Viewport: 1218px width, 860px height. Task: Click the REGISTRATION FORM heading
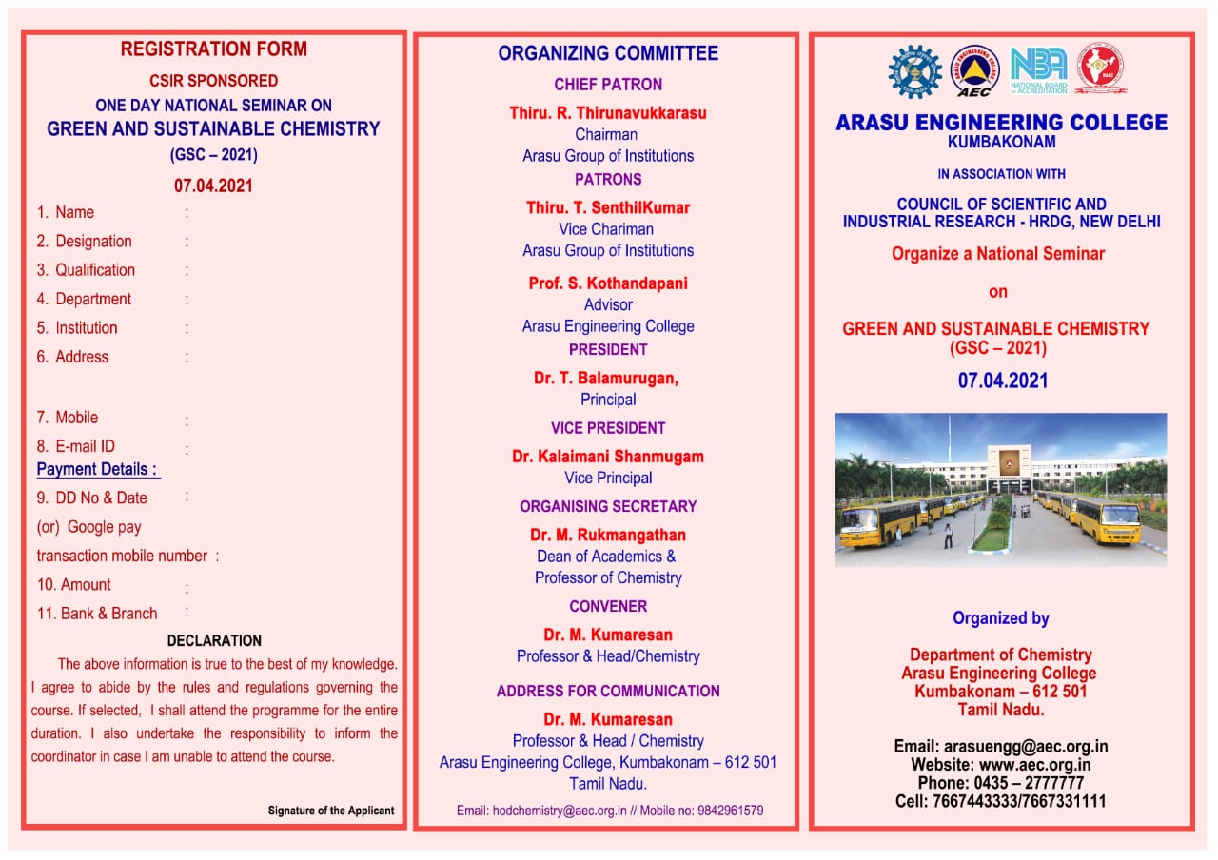tap(213, 49)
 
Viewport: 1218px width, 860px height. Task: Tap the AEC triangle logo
tap(974, 70)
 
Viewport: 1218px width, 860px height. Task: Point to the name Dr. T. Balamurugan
tap(606, 379)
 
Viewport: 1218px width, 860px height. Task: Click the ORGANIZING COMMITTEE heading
tap(608, 53)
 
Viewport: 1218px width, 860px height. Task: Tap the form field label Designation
tap(93, 242)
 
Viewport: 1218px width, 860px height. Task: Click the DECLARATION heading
tap(214, 641)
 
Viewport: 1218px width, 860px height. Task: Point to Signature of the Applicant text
tap(330, 811)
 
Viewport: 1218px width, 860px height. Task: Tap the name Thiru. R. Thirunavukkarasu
tap(608, 113)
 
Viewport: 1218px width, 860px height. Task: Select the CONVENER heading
tap(608, 606)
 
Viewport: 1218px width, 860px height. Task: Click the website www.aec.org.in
tap(1034, 765)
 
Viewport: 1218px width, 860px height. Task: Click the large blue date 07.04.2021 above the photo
tap(1002, 381)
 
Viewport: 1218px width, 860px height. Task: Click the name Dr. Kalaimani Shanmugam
tap(608, 457)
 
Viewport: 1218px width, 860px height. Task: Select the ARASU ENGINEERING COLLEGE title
tap(1001, 123)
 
